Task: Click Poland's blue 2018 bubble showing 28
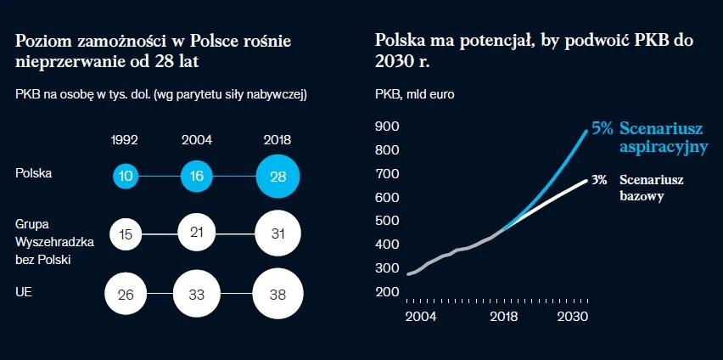point(277,177)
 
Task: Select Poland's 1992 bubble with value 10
point(126,177)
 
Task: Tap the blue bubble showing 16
point(197,177)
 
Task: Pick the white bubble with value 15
point(126,234)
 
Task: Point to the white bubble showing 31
point(277,233)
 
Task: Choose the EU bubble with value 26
point(126,294)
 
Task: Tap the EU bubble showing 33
point(197,294)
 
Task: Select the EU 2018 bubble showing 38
point(277,294)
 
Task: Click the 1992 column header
point(125,140)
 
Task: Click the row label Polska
point(34,173)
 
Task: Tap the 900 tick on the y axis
point(387,127)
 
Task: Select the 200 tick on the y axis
point(387,292)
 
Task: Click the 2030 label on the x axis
point(573,317)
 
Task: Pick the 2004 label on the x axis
point(421,317)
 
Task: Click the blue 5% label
point(602,128)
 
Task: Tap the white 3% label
point(599,180)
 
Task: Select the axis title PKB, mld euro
point(414,95)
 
